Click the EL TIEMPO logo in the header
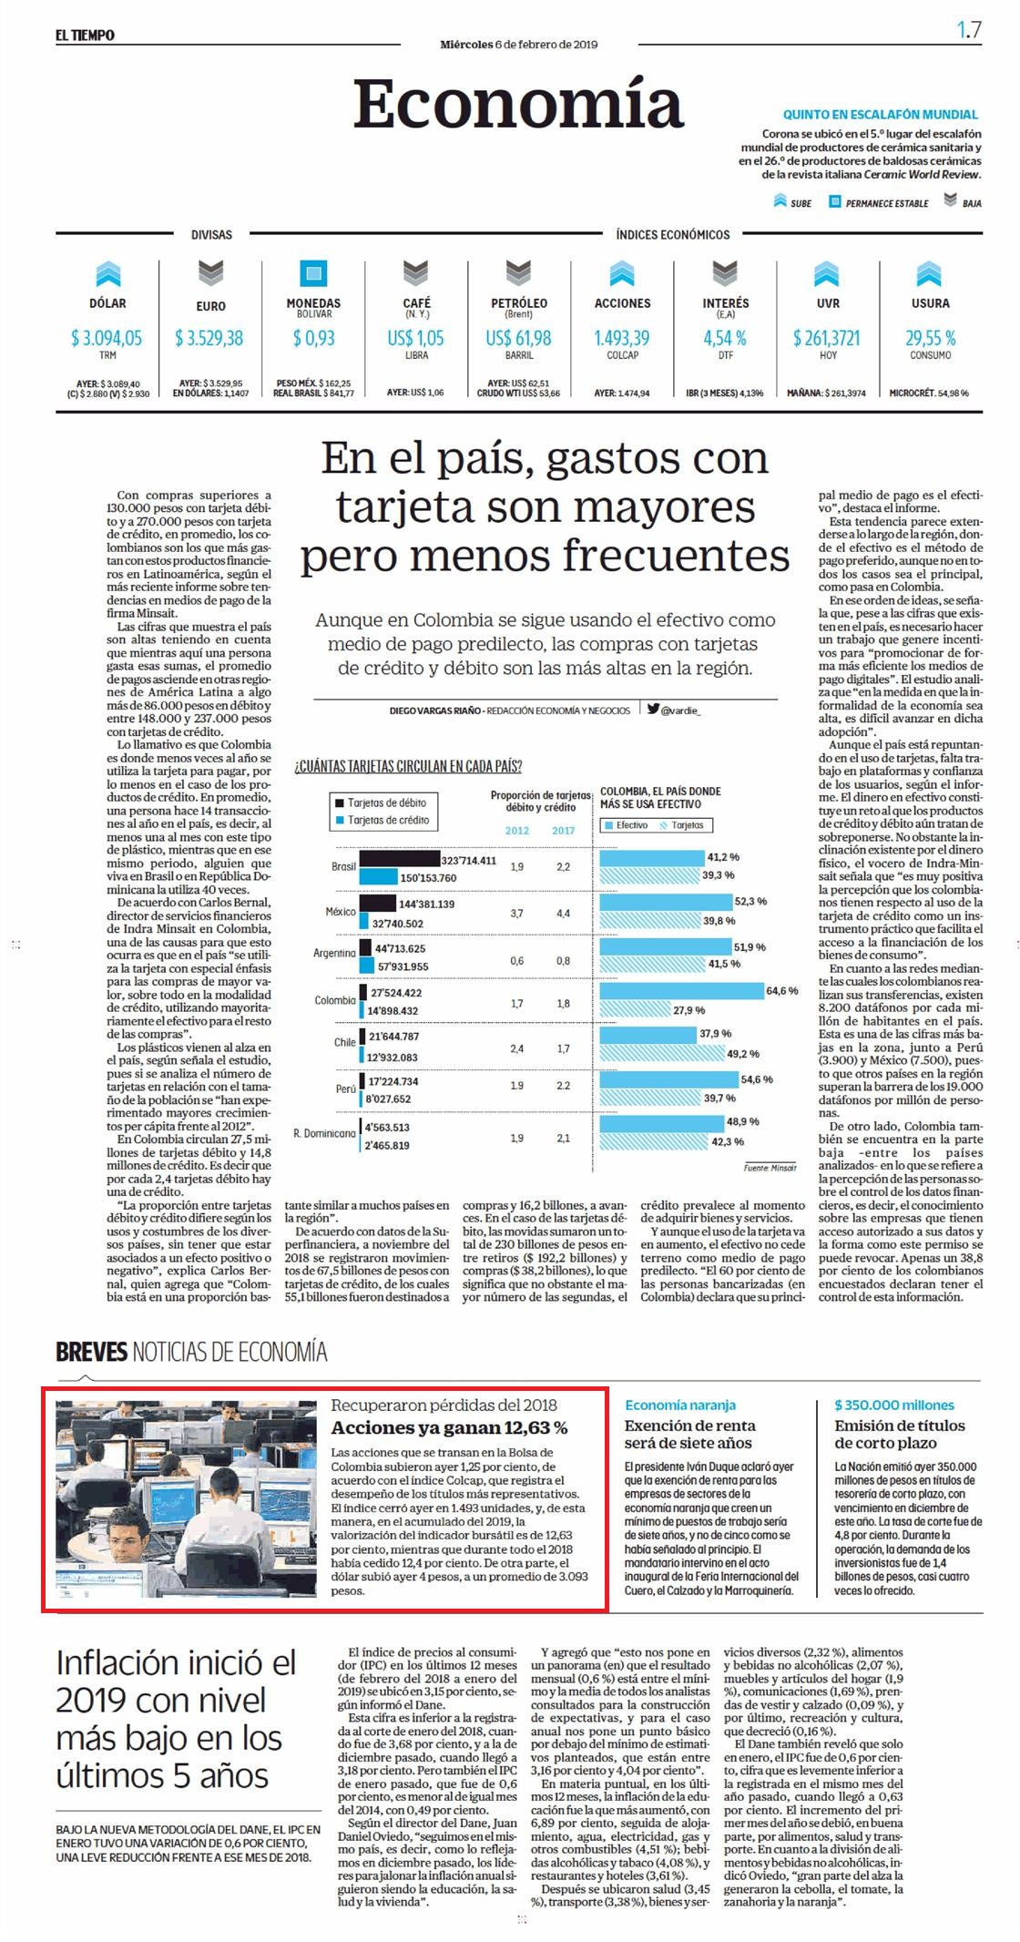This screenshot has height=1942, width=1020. pyautogui.click(x=85, y=36)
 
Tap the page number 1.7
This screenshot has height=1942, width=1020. pyautogui.click(x=968, y=30)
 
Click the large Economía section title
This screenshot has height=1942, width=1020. pyautogui.click(x=518, y=104)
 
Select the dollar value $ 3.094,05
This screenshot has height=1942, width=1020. pyautogui.click(x=107, y=338)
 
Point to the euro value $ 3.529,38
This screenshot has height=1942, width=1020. pyautogui.click(x=209, y=338)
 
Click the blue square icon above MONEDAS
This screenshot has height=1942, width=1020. pyautogui.click(x=313, y=272)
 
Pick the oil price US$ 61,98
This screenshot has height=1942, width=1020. pyautogui.click(x=518, y=338)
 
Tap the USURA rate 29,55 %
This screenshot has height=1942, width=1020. pyautogui.click(x=930, y=338)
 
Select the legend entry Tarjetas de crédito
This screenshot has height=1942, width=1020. pyautogui.click(x=387, y=820)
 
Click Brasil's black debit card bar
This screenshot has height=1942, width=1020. pyautogui.click(x=399, y=858)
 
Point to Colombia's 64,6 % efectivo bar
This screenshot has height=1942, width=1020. pyautogui.click(x=681, y=991)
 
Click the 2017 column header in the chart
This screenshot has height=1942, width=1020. pyautogui.click(x=563, y=830)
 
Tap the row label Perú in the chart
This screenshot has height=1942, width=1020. pyautogui.click(x=346, y=1089)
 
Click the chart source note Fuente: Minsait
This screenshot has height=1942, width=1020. pyautogui.click(x=770, y=1168)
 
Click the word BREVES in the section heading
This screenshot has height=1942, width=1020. pyautogui.click(x=91, y=1352)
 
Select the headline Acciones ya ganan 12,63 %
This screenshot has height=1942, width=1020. pyautogui.click(x=449, y=1427)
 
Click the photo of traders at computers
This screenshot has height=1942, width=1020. pyautogui.click(x=186, y=1498)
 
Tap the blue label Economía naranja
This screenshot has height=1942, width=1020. pyautogui.click(x=680, y=1405)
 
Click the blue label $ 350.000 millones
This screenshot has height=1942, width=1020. pyautogui.click(x=894, y=1405)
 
